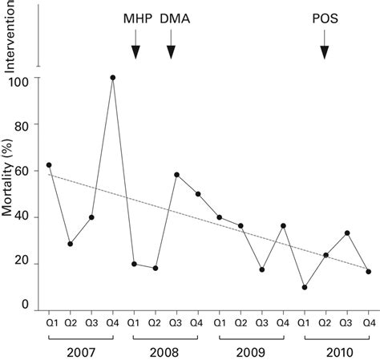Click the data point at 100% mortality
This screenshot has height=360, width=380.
(113, 78)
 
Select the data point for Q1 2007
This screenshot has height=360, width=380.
(49, 165)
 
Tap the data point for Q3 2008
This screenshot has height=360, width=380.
(176, 175)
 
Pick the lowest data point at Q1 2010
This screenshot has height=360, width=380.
(304, 287)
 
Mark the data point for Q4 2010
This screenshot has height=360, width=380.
(368, 272)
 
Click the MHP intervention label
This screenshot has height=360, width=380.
(135, 17)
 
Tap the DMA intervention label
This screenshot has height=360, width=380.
(170, 17)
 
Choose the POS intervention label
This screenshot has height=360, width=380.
(324, 17)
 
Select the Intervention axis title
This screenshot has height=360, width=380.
(10, 36)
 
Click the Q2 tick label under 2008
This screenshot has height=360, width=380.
(156, 323)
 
